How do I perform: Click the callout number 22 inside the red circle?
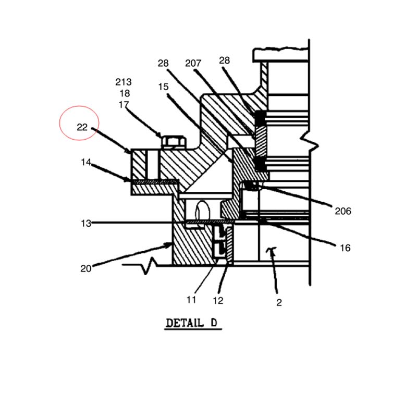[82, 127]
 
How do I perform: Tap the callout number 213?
[124, 82]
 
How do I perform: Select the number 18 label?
[125, 93]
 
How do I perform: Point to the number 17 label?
[124, 105]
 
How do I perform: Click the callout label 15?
[163, 87]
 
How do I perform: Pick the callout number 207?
[193, 63]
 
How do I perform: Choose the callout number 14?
[85, 162]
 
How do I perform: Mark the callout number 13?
[86, 224]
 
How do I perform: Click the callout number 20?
[85, 268]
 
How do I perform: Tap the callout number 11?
[191, 300]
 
